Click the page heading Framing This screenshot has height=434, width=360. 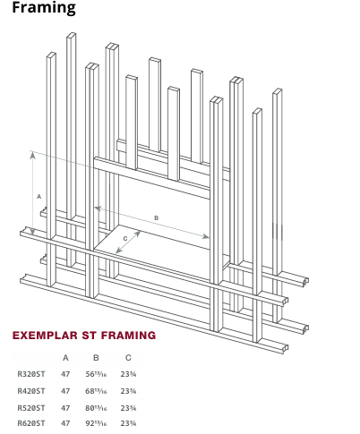coord(44,9)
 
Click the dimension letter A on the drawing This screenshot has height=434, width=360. coord(39,195)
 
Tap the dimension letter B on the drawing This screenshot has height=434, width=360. coord(156,217)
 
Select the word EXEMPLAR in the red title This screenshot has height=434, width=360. coord(47,336)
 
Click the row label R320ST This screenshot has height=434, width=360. coord(31,375)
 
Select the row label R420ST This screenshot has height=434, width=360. coord(31,391)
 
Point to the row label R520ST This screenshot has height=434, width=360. coord(31,407)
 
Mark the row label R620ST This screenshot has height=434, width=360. coord(31,423)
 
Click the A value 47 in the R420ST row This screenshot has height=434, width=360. coord(65,391)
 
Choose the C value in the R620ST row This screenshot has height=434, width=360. coord(128,423)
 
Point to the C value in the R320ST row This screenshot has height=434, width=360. coord(128,375)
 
